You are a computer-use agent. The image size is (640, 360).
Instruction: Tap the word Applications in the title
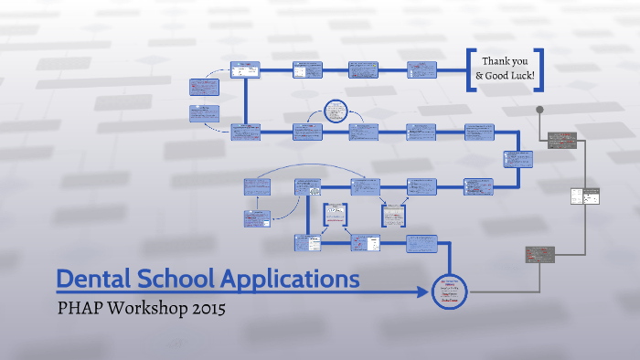click(295, 279)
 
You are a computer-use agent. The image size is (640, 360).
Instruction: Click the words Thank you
click(506, 61)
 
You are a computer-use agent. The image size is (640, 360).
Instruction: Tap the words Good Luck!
click(510, 77)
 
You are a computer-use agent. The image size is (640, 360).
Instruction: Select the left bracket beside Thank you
click(471, 69)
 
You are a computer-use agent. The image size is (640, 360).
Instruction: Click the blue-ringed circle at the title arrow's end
click(448, 291)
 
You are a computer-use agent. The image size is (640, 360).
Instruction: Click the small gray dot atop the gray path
click(539, 110)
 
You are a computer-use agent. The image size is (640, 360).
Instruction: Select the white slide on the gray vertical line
click(584, 196)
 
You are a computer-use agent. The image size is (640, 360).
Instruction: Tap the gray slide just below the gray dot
click(560, 139)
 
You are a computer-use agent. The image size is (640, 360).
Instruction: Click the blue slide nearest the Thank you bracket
click(421, 69)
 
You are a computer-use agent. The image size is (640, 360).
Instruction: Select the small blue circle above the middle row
click(336, 112)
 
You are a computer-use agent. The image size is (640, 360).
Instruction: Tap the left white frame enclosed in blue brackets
click(336, 216)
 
